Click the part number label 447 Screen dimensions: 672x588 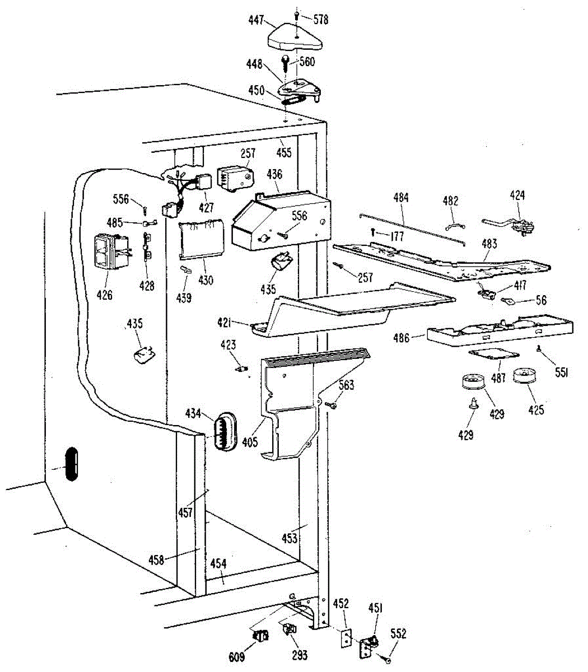[x=256, y=20]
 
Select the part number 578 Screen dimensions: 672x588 [x=321, y=20]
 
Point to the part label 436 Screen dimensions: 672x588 [x=274, y=175]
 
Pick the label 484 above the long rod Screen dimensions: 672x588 [x=401, y=198]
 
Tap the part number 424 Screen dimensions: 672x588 [x=517, y=195]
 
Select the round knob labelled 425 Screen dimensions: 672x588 [x=525, y=375]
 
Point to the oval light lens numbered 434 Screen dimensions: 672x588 [x=224, y=430]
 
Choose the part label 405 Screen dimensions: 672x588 [x=250, y=442]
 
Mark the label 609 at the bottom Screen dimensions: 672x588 [x=237, y=657]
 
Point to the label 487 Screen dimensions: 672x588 [x=498, y=378]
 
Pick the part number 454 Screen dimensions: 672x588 [x=218, y=563]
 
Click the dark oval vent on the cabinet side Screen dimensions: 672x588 [x=70, y=463]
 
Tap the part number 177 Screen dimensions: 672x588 [x=396, y=237]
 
